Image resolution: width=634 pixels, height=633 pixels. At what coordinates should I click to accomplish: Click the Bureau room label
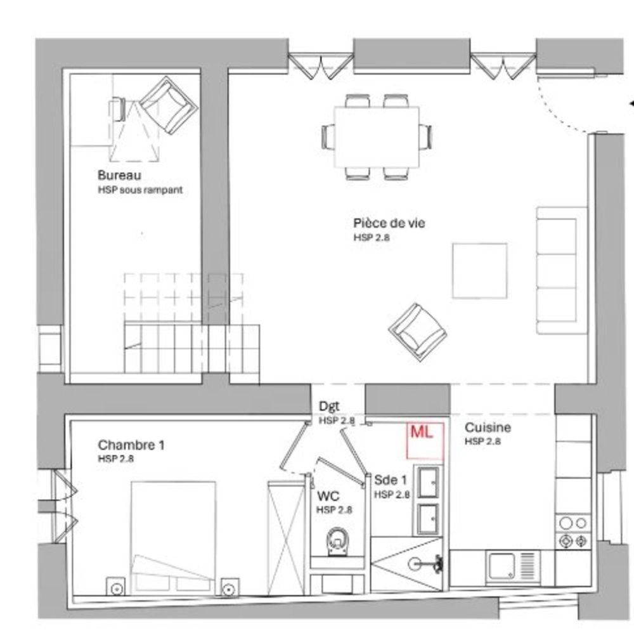click(x=119, y=175)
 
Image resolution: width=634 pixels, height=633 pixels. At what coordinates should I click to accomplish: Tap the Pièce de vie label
click(x=389, y=223)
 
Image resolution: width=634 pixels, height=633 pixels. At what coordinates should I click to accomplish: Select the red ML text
click(x=422, y=433)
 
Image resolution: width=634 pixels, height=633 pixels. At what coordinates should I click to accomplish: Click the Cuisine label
click(x=488, y=427)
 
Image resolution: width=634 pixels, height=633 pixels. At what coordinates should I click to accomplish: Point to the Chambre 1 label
click(x=131, y=445)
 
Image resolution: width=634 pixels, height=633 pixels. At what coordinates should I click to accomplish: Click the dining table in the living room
click(x=377, y=136)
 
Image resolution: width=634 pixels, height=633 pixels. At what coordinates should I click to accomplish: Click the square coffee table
click(x=479, y=270)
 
